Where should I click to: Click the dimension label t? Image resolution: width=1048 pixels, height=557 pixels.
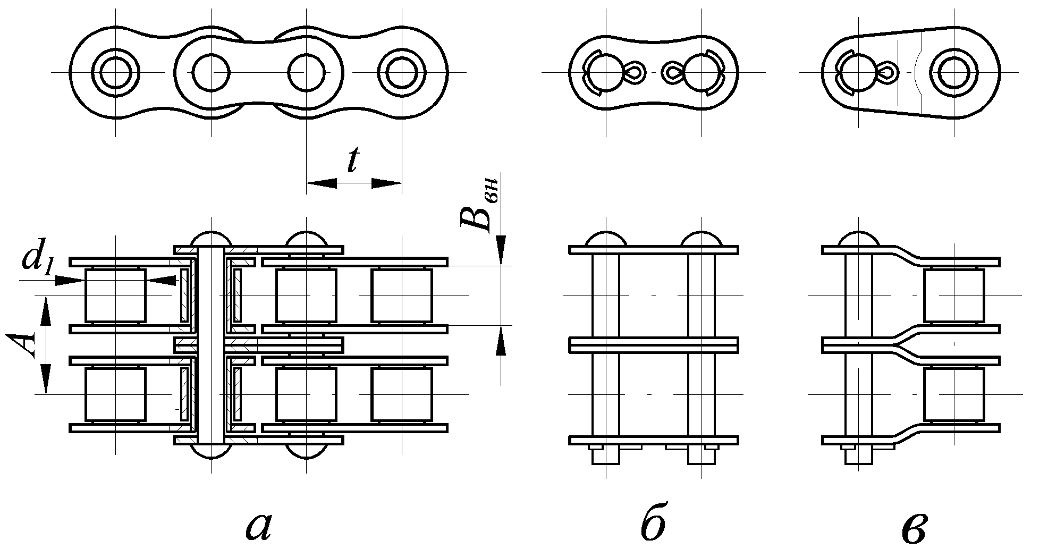click(352, 161)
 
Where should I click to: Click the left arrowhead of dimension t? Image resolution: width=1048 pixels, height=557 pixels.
click(322, 183)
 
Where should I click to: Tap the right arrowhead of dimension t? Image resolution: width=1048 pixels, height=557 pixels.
click(386, 183)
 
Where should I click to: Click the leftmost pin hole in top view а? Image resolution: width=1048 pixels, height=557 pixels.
click(116, 72)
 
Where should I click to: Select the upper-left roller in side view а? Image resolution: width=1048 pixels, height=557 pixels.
click(115, 295)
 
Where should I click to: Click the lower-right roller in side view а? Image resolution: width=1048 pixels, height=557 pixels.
click(402, 395)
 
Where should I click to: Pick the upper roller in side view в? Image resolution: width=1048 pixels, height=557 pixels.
click(954, 296)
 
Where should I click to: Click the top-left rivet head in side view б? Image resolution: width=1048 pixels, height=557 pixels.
click(606, 239)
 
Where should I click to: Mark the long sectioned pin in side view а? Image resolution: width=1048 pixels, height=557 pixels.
click(211, 345)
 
